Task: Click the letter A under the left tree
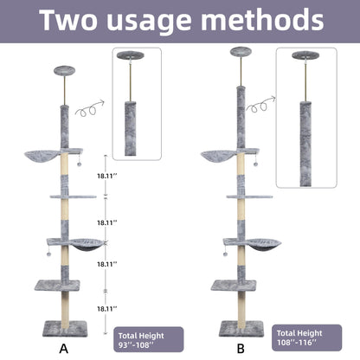point(63,348)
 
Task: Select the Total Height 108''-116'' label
point(304,337)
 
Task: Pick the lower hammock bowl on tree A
point(80,246)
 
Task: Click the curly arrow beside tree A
point(88,109)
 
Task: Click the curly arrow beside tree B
point(258,106)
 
